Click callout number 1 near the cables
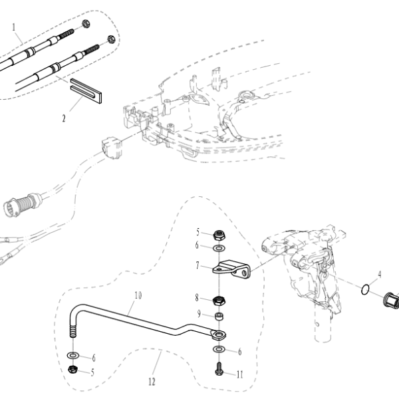pyautogui.click(x=14, y=27)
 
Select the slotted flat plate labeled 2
pyautogui.click(x=86, y=90)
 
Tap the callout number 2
pyautogui.click(x=64, y=118)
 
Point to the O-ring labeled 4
pyautogui.click(x=365, y=290)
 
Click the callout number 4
pyautogui.click(x=380, y=275)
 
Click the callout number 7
pyautogui.click(x=198, y=265)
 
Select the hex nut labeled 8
pyautogui.click(x=219, y=301)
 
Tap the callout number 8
pyautogui.click(x=197, y=297)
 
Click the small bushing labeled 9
pyautogui.click(x=219, y=317)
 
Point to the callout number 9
pyautogui.click(x=199, y=314)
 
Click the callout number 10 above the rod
pyautogui.click(x=138, y=295)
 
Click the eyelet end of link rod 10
pyautogui.click(x=219, y=335)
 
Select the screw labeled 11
pyautogui.click(x=219, y=368)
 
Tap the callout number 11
pyautogui.click(x=239, y=374)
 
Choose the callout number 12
pyautogui.click(x=152, y=382)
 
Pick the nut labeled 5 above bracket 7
pyautogui.click(x=219, y=235)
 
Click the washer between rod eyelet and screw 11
pyautogui.click(x=219, y=349)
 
